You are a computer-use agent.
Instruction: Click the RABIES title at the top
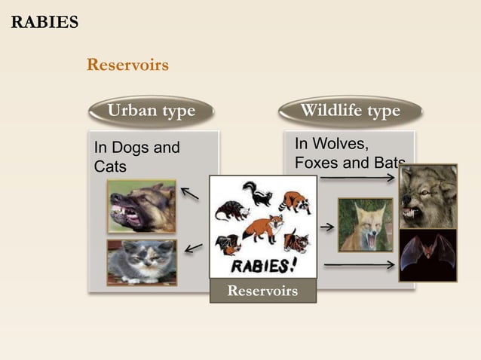[44, 21]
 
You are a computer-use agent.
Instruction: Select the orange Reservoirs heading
[127, 65]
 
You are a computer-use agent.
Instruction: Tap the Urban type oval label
[151, 111]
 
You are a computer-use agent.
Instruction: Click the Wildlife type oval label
[350, 111]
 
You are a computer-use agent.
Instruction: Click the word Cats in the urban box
[110, 166]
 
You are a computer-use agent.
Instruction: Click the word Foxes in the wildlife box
[316, 163]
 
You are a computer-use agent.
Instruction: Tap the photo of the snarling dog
[141, 206]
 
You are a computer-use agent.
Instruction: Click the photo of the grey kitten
[141, 262]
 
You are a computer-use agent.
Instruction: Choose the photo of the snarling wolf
[427, 196]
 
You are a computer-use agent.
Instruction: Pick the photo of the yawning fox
[365, 224]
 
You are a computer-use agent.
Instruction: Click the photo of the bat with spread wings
[427, 256]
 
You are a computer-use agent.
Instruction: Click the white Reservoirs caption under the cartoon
[262, 291]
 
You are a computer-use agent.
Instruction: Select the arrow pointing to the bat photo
[358, 264]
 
